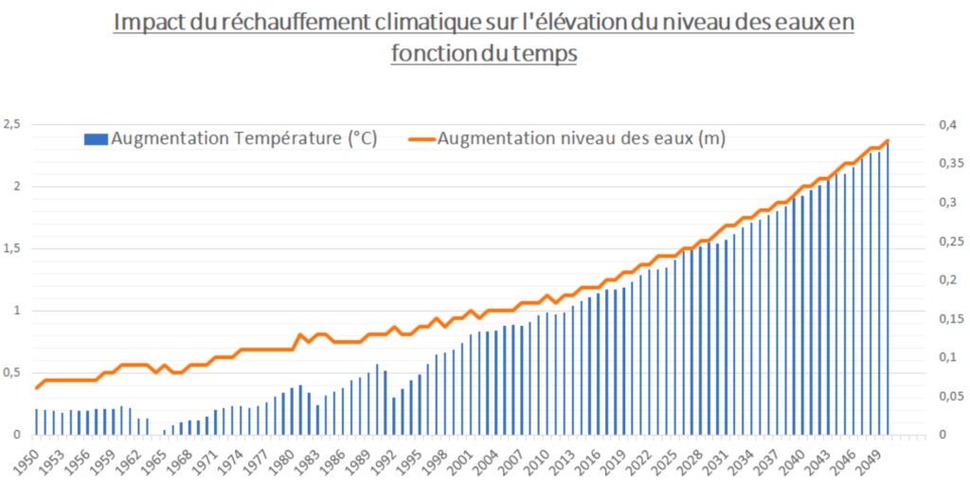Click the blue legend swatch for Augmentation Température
[x=95, y=139]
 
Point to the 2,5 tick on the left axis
[x=11, y=124]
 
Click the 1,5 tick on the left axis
[x=11, y=248]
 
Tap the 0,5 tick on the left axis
[x=11, y=372]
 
